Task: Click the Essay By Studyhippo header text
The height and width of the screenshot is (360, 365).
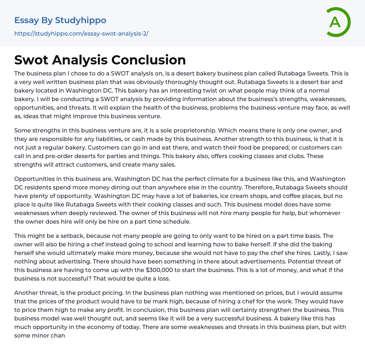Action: point(60,20)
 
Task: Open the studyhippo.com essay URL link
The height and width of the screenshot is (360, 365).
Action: point(81,33)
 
